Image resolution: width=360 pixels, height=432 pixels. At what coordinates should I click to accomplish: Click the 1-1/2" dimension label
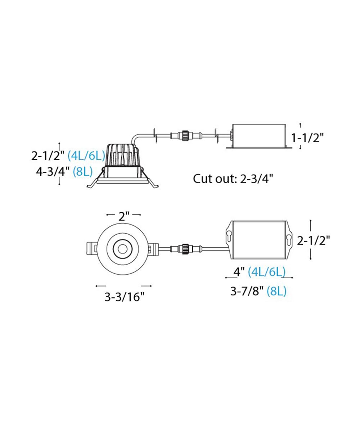coord(307,138)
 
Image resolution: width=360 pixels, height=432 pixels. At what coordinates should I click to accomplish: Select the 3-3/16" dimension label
coord(124,297)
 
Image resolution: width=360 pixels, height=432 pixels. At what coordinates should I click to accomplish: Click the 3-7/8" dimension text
coord(247,292)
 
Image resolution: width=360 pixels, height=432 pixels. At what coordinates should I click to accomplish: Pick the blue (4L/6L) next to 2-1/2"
coord(86,156)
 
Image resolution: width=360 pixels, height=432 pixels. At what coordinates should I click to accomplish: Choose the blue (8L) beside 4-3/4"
coord(82,172)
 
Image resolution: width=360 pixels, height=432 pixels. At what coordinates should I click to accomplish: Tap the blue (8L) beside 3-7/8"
coord(276,292)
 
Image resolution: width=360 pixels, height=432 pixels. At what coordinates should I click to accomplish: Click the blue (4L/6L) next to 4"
coord(267,272)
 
